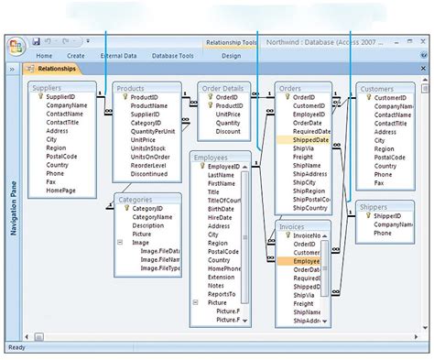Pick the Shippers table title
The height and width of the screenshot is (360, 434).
[376, 208]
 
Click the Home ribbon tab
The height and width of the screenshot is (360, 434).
[44, 56]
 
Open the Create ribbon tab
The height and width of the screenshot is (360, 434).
[76, 56]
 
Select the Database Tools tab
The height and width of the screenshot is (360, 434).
[171, 56]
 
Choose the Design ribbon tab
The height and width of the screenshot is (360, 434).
[232, 56]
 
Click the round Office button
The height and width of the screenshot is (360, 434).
[16, 47]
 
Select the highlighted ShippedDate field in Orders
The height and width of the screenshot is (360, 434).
[311, 140]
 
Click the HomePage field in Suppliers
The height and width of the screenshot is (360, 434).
[61, 191]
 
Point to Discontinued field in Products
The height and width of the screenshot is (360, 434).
[149, 173]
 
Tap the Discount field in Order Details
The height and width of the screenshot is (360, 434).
[229, 131]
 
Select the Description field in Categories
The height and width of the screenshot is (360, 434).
[148, 225]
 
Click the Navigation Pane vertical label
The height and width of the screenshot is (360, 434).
[14, 205]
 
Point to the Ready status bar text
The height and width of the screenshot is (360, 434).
[17, 347]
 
